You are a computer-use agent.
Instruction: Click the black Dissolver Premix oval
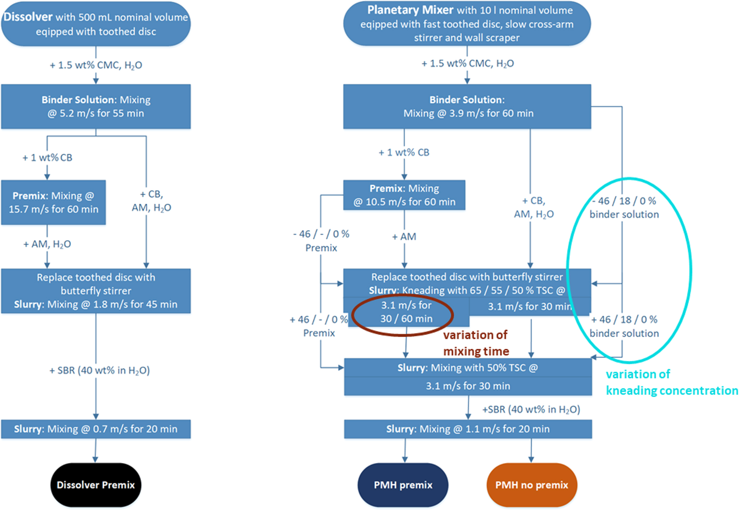(96, 485)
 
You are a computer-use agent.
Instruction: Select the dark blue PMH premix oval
(403, 485)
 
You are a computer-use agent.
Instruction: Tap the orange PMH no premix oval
(532, 485)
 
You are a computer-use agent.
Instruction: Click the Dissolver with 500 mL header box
(96, 24)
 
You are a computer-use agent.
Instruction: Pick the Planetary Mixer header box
(467, 24)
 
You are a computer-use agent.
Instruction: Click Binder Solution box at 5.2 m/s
(96, 106)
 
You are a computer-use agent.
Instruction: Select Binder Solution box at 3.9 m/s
(467, 106)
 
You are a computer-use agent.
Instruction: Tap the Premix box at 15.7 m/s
(54, 202)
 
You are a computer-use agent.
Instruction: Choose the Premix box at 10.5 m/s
(404, 195)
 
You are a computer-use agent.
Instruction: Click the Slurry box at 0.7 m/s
(96, 429)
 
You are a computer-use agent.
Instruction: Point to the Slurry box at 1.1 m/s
(468, 429)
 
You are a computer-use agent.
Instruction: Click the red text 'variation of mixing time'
(476, 343)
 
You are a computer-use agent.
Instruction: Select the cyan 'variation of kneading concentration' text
(671, 382)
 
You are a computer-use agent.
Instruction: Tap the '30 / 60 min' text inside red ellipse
(406, 318)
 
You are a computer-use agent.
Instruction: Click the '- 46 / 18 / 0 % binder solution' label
(624, 207)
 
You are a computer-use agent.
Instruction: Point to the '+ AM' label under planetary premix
(404, 237)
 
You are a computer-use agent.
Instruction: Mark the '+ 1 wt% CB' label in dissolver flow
(47, 157)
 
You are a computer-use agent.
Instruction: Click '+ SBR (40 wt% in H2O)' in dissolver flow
(99, 370)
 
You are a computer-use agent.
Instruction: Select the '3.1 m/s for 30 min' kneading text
(530, 306)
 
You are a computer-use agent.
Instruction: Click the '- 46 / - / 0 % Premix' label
(321, 241)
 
